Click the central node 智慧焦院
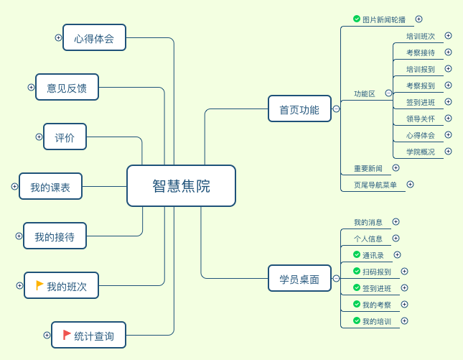pos(181,186)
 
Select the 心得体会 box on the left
pos(94,37)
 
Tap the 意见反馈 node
pos(67,88)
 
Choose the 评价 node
pos(65,137)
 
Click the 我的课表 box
pos(50,187)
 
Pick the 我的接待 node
pos(55,236)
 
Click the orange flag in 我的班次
pos(39,285)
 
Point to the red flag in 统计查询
pos(67,335)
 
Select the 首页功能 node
pos(299,109)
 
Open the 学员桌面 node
pos(299,279)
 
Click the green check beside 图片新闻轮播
pos(357,19)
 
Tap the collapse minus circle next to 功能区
pos(388,93)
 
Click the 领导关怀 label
pos(421,119)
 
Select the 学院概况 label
pos(421,152)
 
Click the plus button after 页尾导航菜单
pos(410,184)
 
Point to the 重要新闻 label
pos(368,168)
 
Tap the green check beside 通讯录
pos(357,254)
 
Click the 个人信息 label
pos(368,238)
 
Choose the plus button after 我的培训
pos(404,320)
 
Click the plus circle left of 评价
pos(39,137)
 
